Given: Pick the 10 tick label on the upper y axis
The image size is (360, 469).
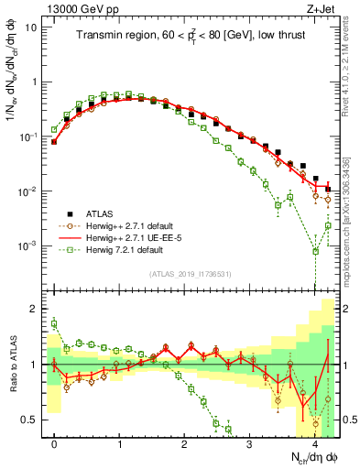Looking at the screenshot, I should point(32,27).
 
